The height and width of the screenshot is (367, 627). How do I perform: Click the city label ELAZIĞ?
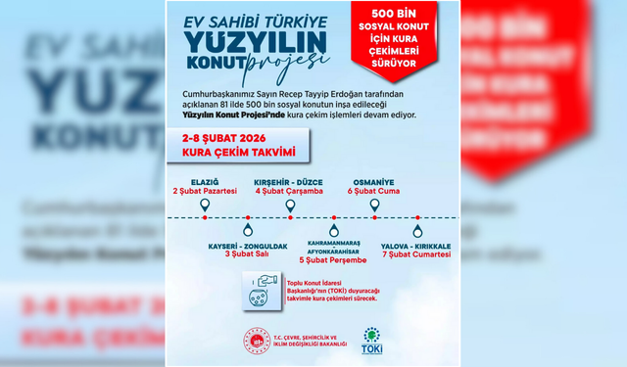point(205,182)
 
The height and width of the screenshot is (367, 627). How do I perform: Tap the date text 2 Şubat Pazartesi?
point(205,193)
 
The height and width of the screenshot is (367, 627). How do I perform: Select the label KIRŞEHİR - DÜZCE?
point(289,182)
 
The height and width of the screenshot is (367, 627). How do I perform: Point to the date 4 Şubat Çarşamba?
point(289,193)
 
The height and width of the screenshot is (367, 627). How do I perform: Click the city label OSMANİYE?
point(373,182)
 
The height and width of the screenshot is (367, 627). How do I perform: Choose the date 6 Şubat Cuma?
point(373,193)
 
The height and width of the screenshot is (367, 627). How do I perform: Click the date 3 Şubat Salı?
point(247,253)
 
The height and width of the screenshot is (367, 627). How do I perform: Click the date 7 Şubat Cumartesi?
point(416,253)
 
